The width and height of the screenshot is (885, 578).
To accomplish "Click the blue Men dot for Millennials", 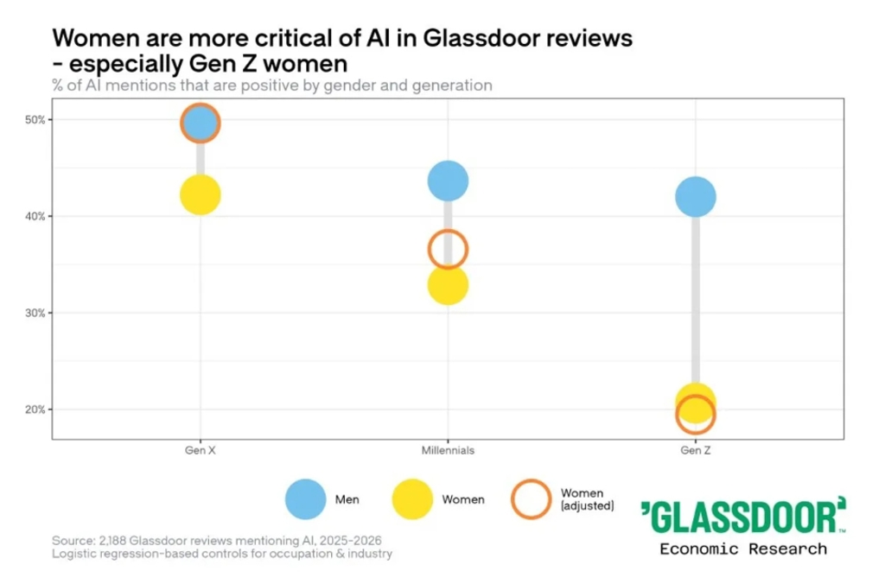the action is click(449, 181).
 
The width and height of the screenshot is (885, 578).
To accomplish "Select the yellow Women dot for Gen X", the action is click(201, 194).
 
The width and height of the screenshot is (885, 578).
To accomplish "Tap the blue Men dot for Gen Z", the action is click(696, 196).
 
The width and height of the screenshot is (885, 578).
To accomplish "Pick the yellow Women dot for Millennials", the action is click(449, 284).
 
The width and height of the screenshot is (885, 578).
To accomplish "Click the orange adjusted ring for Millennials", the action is click(449, 230).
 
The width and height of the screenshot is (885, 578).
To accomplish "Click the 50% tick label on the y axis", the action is click(35, 120).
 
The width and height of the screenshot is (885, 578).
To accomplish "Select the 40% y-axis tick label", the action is click(35, 217).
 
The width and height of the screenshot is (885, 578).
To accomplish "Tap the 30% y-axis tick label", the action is click(35, 314).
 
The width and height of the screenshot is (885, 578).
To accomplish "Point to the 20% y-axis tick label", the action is click(35, 410).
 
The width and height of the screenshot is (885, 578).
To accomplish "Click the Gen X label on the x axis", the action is click(201, 450).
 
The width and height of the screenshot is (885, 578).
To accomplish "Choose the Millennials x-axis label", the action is click(449, 450).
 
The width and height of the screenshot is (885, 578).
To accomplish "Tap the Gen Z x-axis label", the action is click(696, 450).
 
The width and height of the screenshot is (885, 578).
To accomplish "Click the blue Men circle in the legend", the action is click(305, 499).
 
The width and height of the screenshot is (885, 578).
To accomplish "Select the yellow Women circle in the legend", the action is click(412, 499).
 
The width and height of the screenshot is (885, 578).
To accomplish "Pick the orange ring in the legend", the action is click(532, 480).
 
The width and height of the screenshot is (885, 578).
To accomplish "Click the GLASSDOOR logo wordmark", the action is click(743, 515).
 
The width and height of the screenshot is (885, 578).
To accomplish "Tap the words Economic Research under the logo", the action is click(743, 549).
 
